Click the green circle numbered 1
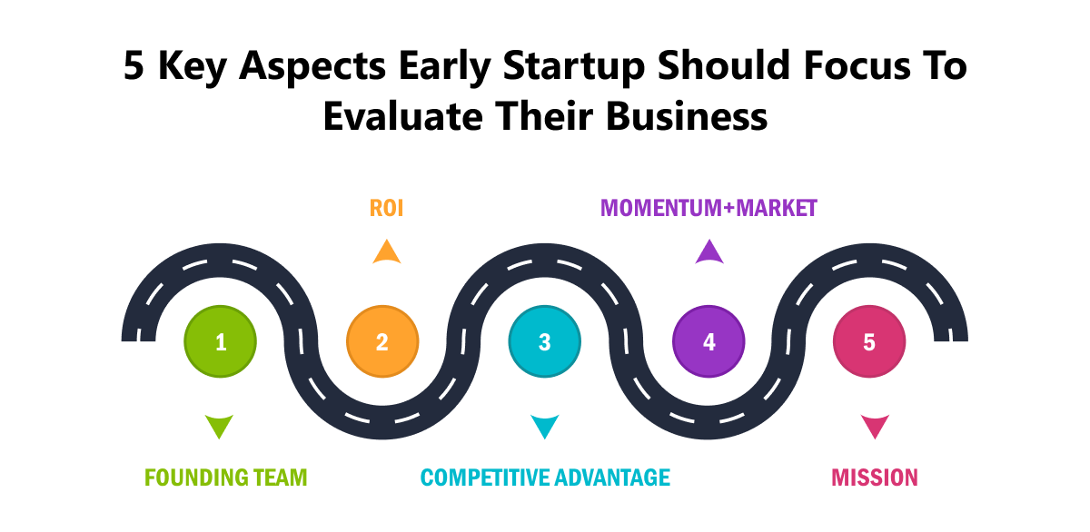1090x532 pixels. [x=221, y=341]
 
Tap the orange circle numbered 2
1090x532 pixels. [x=382, y=341]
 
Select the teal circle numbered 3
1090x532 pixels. [x=545, y=341]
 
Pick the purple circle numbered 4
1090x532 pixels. [x=708, y=341]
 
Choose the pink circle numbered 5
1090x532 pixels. [x=869, y=341]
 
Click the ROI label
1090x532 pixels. [x=386, y=208]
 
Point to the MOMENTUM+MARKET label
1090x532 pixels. [x=708, y=208]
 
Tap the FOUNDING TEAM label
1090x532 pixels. [x=226, y=478]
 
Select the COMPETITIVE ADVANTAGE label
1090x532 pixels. [x=545, y=478]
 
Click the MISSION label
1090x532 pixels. [x=875, y=478]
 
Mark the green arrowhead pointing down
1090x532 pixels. [x=219, y=425]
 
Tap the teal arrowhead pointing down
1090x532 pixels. [x=544, y=425]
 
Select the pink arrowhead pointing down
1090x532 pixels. [x=875, y=425]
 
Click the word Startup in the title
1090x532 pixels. [x=574, y=66]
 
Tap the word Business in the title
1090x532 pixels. [x=687, y=117]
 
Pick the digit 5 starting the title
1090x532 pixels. [x=134, y=65]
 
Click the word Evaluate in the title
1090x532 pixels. [x=403, y=117]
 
